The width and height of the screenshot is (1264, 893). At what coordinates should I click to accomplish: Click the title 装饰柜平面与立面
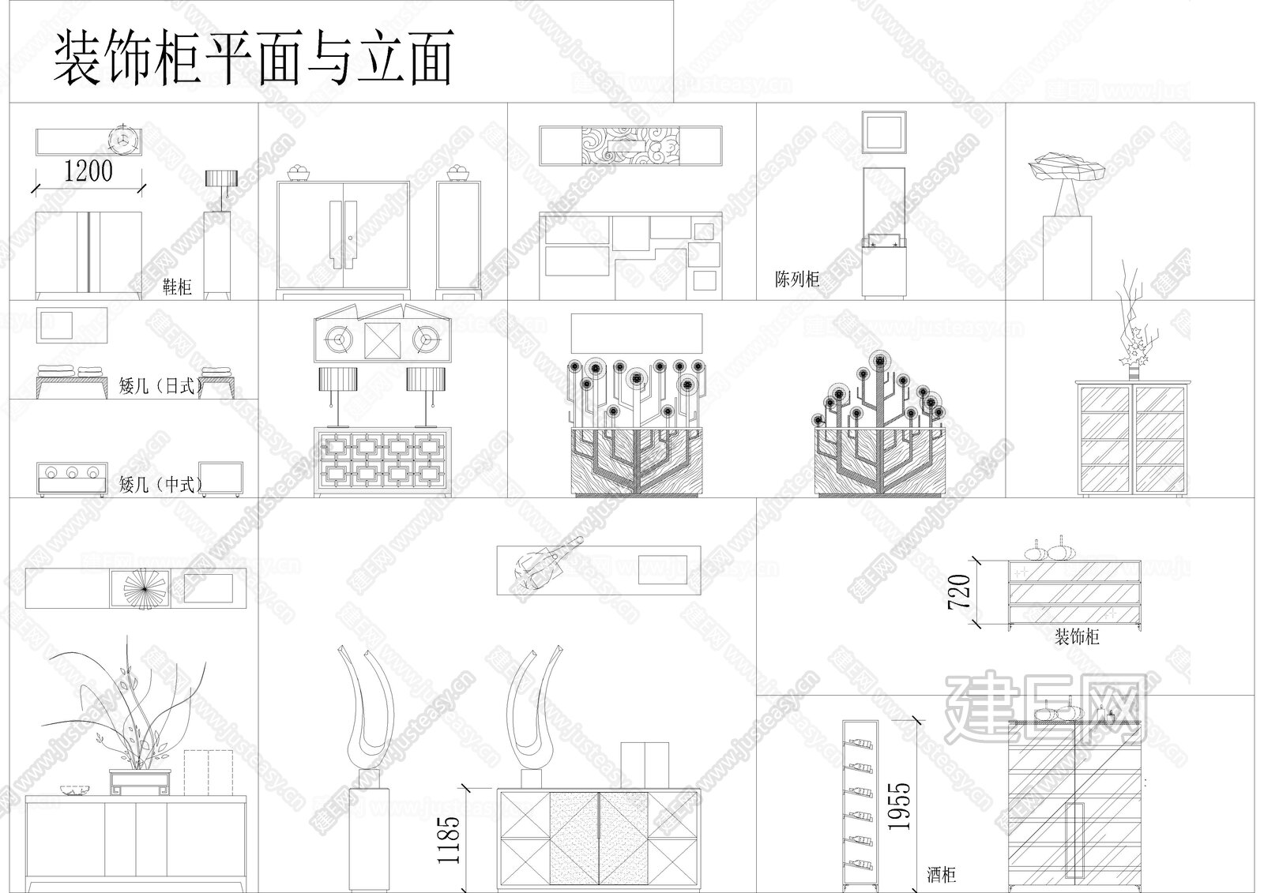253,59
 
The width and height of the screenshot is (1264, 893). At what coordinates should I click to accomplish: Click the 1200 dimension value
88,171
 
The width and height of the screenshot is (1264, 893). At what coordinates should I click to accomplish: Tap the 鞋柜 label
177,286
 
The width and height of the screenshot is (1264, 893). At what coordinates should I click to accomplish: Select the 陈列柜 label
796,279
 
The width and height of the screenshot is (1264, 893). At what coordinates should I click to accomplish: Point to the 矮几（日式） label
160,387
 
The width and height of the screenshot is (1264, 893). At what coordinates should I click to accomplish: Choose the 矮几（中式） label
160,484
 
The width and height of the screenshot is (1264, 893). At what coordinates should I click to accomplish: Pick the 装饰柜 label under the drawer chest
1077,636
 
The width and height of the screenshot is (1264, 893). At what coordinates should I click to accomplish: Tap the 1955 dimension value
899,805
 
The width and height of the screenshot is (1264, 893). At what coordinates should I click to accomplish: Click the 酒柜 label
941,874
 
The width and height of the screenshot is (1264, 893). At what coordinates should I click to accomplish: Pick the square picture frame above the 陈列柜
882,132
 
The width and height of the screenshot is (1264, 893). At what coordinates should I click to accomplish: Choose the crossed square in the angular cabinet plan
382,340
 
